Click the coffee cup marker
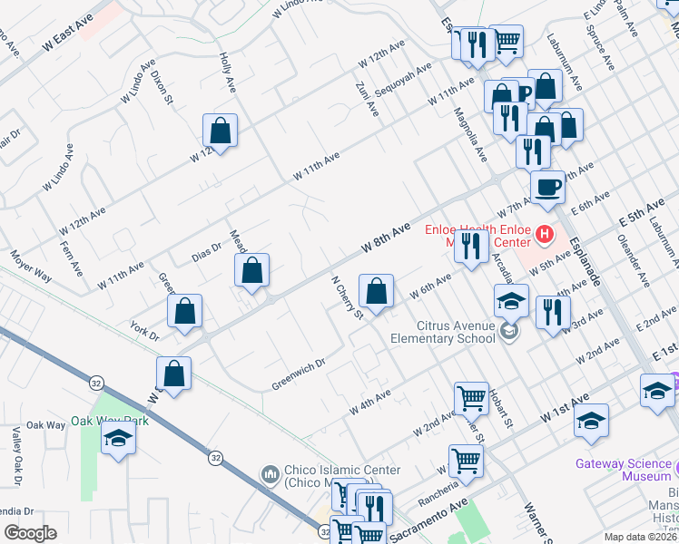546,187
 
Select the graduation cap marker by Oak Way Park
117,440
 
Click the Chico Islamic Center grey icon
269,474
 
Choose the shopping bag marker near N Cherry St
376,291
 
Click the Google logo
30,532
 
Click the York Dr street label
145,330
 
